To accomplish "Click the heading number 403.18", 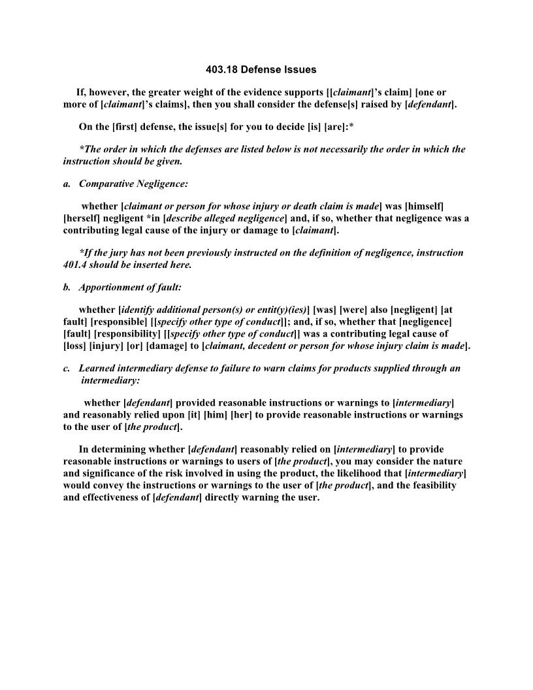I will click(x=221, y=69).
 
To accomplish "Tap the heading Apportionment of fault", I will click(x=130, y=287).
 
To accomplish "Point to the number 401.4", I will click(x=76, y=265).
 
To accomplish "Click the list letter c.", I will click(x=67, y=368).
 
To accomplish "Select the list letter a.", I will click(x=67, y=184).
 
